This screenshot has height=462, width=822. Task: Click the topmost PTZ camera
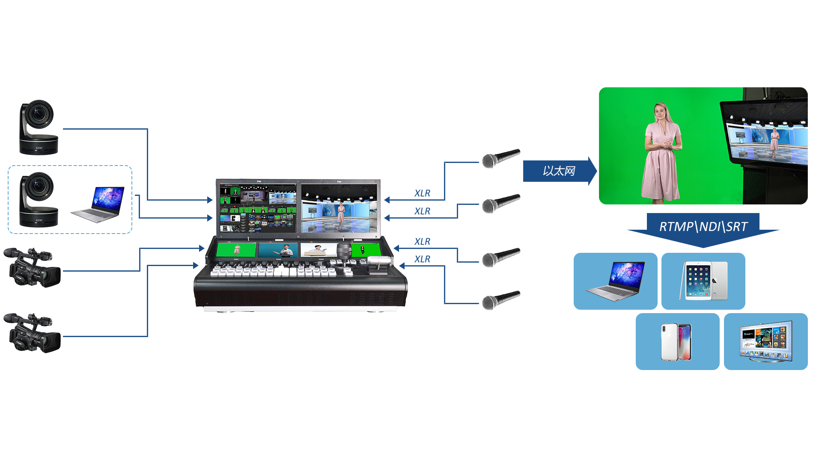pos(39,127)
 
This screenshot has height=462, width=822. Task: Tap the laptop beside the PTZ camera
pos(98,204)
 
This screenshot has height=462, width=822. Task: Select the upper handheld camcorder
pos(32,268)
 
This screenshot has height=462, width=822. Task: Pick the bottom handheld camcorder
pos(32,333)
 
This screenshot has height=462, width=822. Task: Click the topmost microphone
pos(501,159)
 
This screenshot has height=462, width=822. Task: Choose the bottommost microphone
pos(501,300)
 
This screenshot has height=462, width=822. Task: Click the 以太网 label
pos(559,171)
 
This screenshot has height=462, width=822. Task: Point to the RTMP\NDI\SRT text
pos(703,227)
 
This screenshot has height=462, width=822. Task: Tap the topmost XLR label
pos(423,193)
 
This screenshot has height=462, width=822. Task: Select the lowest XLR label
pos(423,259)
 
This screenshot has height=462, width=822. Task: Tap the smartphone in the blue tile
pos(676,342)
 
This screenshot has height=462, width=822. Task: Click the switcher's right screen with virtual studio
pos(339,208)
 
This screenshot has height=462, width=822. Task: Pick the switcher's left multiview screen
pos(258,208)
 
